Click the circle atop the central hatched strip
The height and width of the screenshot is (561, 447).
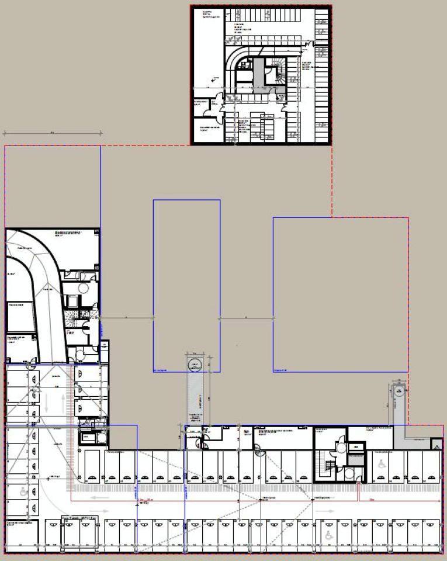point(193,366)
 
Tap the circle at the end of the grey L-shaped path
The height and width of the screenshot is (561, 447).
point(400,392)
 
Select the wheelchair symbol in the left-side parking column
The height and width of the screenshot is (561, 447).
point(23,492)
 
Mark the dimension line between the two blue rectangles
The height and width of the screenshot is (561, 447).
point(246,318)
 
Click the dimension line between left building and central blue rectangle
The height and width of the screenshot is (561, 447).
point(126,318)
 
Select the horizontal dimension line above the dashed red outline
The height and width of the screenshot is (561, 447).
point(52,134)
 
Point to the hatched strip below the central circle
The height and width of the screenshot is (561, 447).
point(194,397)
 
